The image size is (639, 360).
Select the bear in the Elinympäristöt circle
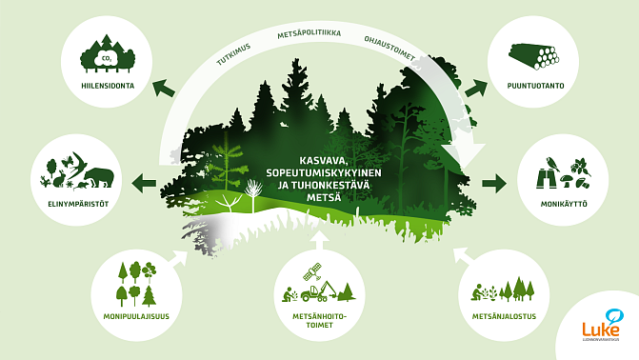[100, 176]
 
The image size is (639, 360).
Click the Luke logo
[602, 323]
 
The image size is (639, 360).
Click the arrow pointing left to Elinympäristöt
[145, 181]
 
